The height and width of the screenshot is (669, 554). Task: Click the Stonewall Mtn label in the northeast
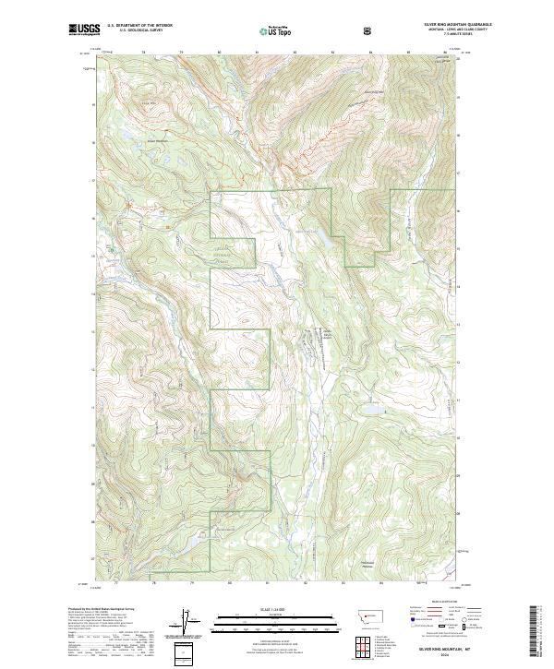click(x=372, y=92)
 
